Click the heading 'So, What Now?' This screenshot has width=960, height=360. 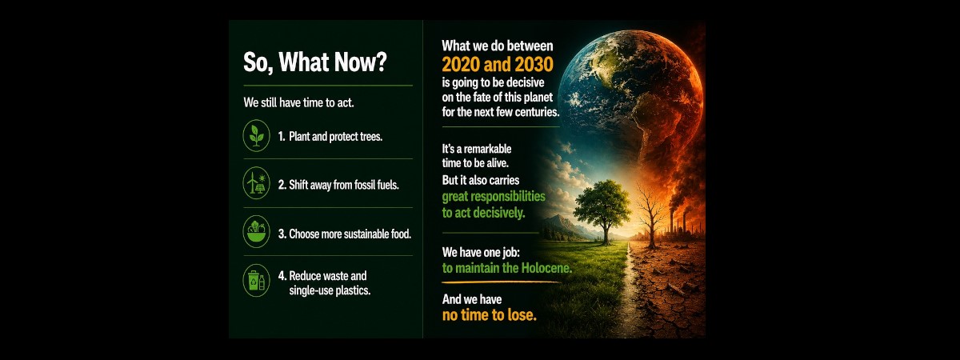(315, 62)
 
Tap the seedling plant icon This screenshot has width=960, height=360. (256, 136)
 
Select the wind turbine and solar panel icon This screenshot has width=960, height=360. (256, 183)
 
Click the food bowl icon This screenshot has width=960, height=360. (256, 232)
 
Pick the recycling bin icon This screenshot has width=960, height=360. (256, 281)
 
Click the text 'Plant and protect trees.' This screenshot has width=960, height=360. (335, 137)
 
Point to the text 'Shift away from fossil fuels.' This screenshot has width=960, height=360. (344, 185)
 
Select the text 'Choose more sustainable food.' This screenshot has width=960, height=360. (350, 234)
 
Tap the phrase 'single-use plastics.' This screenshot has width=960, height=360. (330, 290)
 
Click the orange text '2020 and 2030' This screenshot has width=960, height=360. (498, 65)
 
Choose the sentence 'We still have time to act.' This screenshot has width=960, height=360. (298, 103)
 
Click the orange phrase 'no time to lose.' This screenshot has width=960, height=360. (490, 315)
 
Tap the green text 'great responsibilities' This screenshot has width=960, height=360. (494, 197)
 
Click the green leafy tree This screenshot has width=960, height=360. (603, 210)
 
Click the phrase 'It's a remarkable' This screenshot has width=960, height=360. (477, 149)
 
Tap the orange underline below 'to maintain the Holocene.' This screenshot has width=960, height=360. (501, 283)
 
